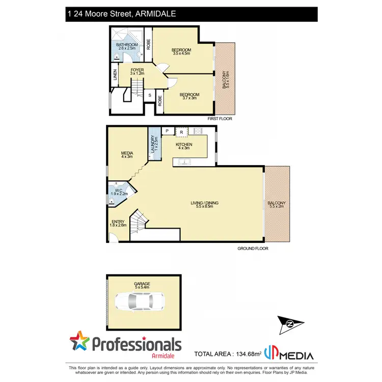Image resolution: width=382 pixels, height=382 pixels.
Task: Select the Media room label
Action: pos(127,154)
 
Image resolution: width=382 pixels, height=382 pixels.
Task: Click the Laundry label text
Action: pos(152,144)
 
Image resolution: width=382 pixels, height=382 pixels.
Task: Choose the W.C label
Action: pos(118,191)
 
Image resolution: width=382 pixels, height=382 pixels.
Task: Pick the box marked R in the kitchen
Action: pos(181,132)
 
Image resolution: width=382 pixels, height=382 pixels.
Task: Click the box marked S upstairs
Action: pos(150,95)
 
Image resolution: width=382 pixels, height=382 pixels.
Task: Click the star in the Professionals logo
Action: pos(79,342)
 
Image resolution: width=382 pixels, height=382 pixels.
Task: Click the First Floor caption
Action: pos(220,119)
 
